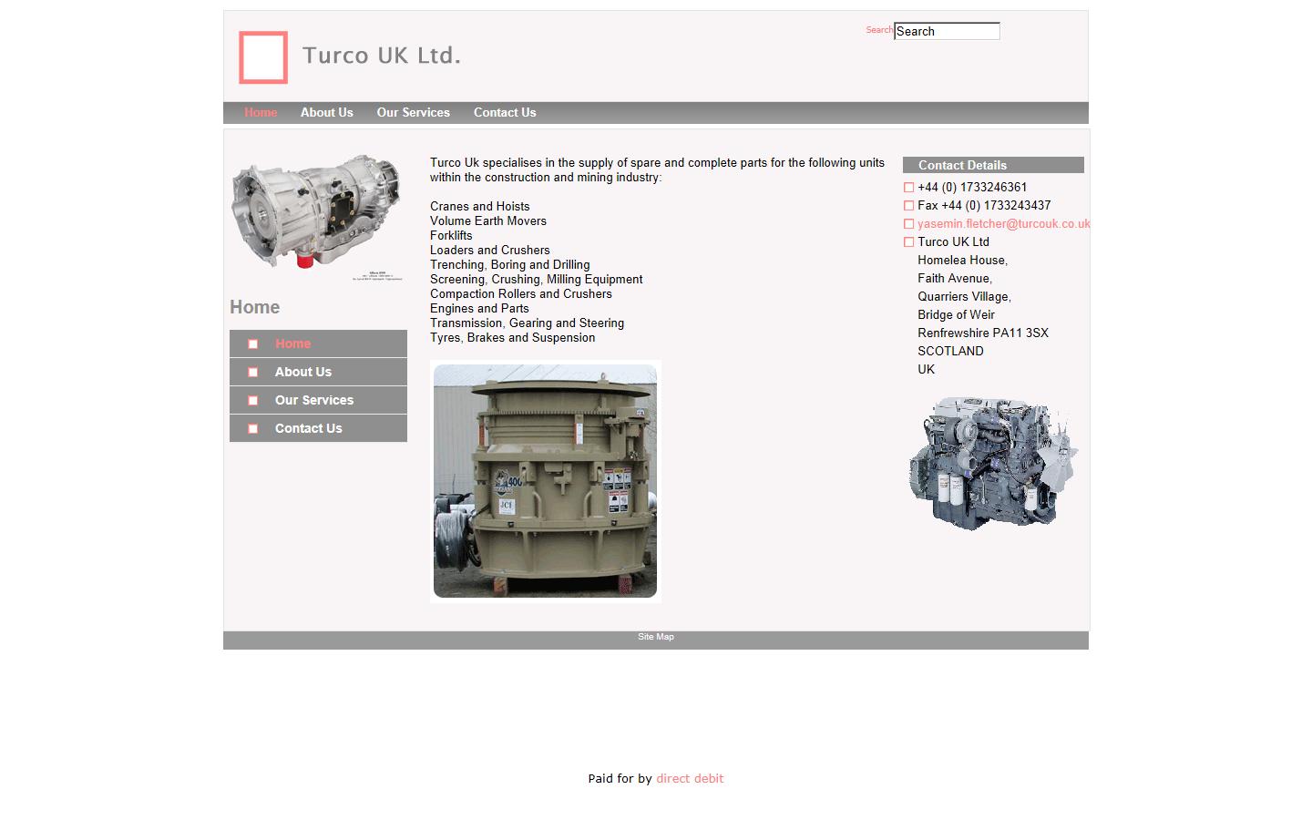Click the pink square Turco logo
tap(263, 57)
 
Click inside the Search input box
tap(947, 31)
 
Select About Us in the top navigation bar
tap(326, 113)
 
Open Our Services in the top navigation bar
tap(413, 113)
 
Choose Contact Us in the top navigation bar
tap(505, 113)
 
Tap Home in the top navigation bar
tap(261, 113)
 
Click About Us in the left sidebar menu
tap(303, 372)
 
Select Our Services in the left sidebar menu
tap(314, 400)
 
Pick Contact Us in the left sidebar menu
tap(308, 428)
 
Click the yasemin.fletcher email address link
tap(1003, 224)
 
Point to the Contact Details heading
tap(962, 165)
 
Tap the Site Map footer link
tap(656, 637)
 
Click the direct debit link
tap(690, 779)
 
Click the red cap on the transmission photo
tap(305, 261)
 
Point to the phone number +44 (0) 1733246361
tap(972, 188)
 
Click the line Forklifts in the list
tap(451, 236)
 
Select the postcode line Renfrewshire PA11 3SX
tap(982, 333)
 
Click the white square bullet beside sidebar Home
tap(253, 344)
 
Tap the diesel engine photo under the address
tap(992, 463)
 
